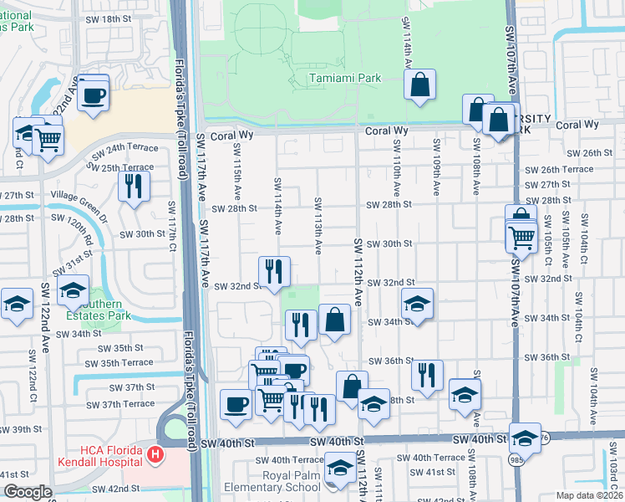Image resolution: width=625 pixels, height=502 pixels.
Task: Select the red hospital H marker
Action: pyautogui.click(x=154, y=456)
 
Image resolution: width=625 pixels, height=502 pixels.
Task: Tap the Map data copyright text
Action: pyautogui.click(x=588, y=495)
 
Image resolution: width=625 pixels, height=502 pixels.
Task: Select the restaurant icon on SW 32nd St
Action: pyautogui.click(x=274, y=270)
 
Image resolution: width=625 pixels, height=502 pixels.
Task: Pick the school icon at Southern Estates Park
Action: pyautogui.click(x=74, y=290)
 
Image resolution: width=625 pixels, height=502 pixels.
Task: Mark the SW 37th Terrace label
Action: pyautogui.click(x=122, y=404)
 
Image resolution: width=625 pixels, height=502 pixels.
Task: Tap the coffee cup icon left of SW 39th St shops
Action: pyautogui.click(x=235, y=404)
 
